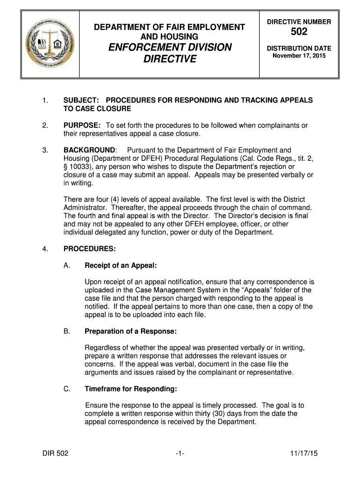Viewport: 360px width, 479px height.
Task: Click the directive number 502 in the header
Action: [299, 32]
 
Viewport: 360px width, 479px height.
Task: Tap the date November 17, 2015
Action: [299, 56]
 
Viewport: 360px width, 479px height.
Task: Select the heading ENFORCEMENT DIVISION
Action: [169, 47]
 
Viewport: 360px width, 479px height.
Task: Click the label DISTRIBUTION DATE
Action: [299, 48]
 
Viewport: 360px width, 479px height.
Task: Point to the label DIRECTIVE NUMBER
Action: [299, 22]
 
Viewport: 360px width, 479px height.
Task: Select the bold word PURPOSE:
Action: [82, 125]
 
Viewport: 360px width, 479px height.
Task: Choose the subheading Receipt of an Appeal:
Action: [121, 265]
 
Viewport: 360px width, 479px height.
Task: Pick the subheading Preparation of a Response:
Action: [130, 331]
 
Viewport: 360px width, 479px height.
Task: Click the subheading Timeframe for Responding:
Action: [130, 389]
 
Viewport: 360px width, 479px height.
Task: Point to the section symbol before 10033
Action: [65, 167]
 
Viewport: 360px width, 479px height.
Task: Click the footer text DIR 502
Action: [54, 453]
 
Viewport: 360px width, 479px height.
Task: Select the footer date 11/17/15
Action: [304, 453]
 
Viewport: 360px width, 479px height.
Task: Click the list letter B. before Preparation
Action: [66, 331]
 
